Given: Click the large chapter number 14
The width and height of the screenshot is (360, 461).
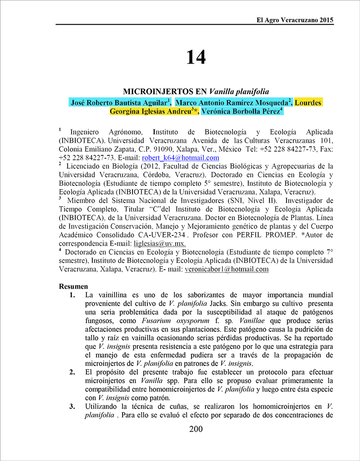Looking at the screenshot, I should coord(196,57).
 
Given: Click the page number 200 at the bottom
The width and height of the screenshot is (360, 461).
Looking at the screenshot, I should coord(196,429).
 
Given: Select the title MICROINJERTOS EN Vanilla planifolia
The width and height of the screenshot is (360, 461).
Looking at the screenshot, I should coord(196,91).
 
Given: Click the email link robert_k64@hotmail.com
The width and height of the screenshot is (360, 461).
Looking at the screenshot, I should coord(180,158).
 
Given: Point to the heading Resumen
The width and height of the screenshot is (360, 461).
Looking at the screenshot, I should coord(73,286).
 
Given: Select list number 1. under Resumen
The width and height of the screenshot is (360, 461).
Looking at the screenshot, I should coord(73,295).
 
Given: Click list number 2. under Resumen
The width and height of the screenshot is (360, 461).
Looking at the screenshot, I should coord(73,372).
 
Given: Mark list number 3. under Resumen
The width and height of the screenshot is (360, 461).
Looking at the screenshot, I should coord(73,407).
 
